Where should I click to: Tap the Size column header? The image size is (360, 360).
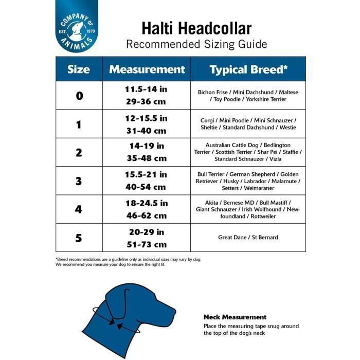click(x=78, y=69)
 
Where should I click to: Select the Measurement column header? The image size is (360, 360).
click(x=147, y=69)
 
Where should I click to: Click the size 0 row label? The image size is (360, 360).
click(x=79, y=96)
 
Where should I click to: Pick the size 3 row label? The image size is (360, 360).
click(x=79, y=181)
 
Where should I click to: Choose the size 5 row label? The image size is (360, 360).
click(x=79, y=238)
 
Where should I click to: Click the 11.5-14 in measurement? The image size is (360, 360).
click(x=146, y=89)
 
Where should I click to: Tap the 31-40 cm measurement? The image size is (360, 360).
click(x=146, y=131)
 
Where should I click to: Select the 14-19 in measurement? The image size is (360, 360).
click(x=146, y=146)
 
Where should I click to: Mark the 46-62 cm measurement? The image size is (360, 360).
click(x=146, y=215)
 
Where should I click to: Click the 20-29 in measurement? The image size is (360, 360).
click(x=146, y=231)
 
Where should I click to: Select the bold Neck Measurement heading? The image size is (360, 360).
click(x=235, y=317)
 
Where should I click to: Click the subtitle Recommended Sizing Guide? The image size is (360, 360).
click(x=196, y=44)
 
